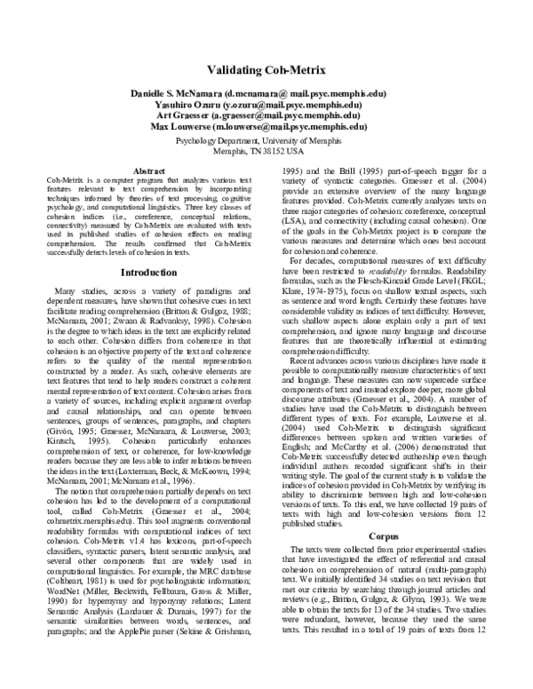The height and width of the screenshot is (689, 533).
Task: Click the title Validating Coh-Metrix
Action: (x=266, y=68)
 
